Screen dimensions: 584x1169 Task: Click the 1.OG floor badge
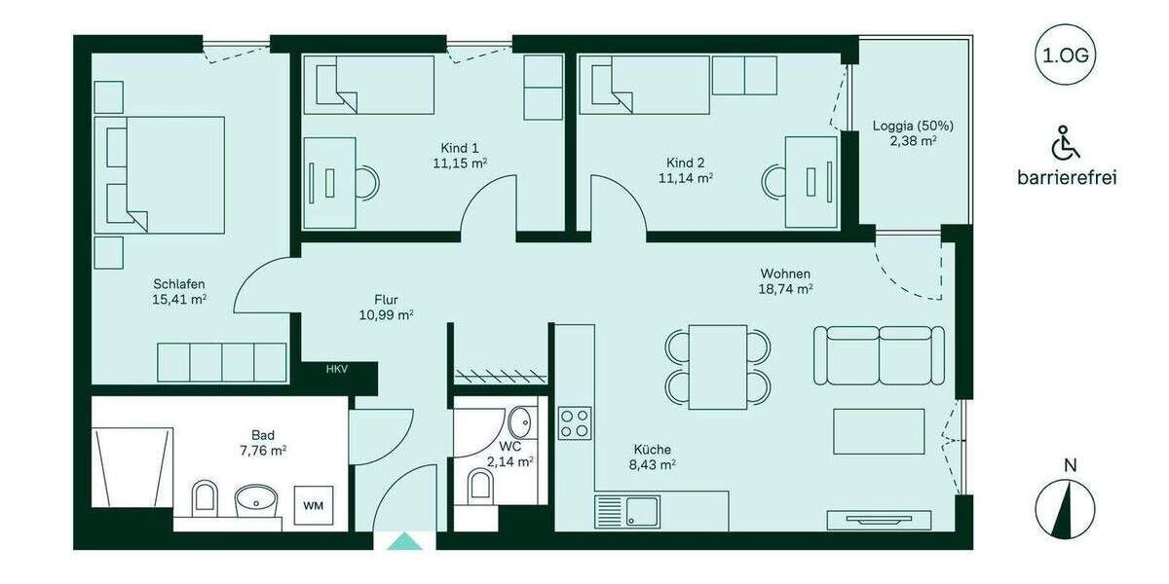point(1066,55)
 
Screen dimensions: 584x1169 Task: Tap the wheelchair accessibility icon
point(1066,144)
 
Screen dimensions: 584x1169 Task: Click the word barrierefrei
point(1066,178)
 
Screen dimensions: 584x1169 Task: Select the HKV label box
point(336,369)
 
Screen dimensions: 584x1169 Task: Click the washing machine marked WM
point(313,505)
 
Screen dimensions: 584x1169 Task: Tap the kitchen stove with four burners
point(575,422)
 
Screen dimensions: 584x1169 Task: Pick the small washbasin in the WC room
point(518,423)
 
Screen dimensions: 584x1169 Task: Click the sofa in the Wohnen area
point(879,355)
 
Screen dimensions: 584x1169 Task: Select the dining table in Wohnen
point(718,365)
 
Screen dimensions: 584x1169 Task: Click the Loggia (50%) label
point(913,126)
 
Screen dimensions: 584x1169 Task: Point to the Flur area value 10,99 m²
point(387,314)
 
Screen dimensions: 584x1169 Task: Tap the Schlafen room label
point(178,283)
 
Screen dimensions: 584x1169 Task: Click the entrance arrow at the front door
point(405,541)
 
